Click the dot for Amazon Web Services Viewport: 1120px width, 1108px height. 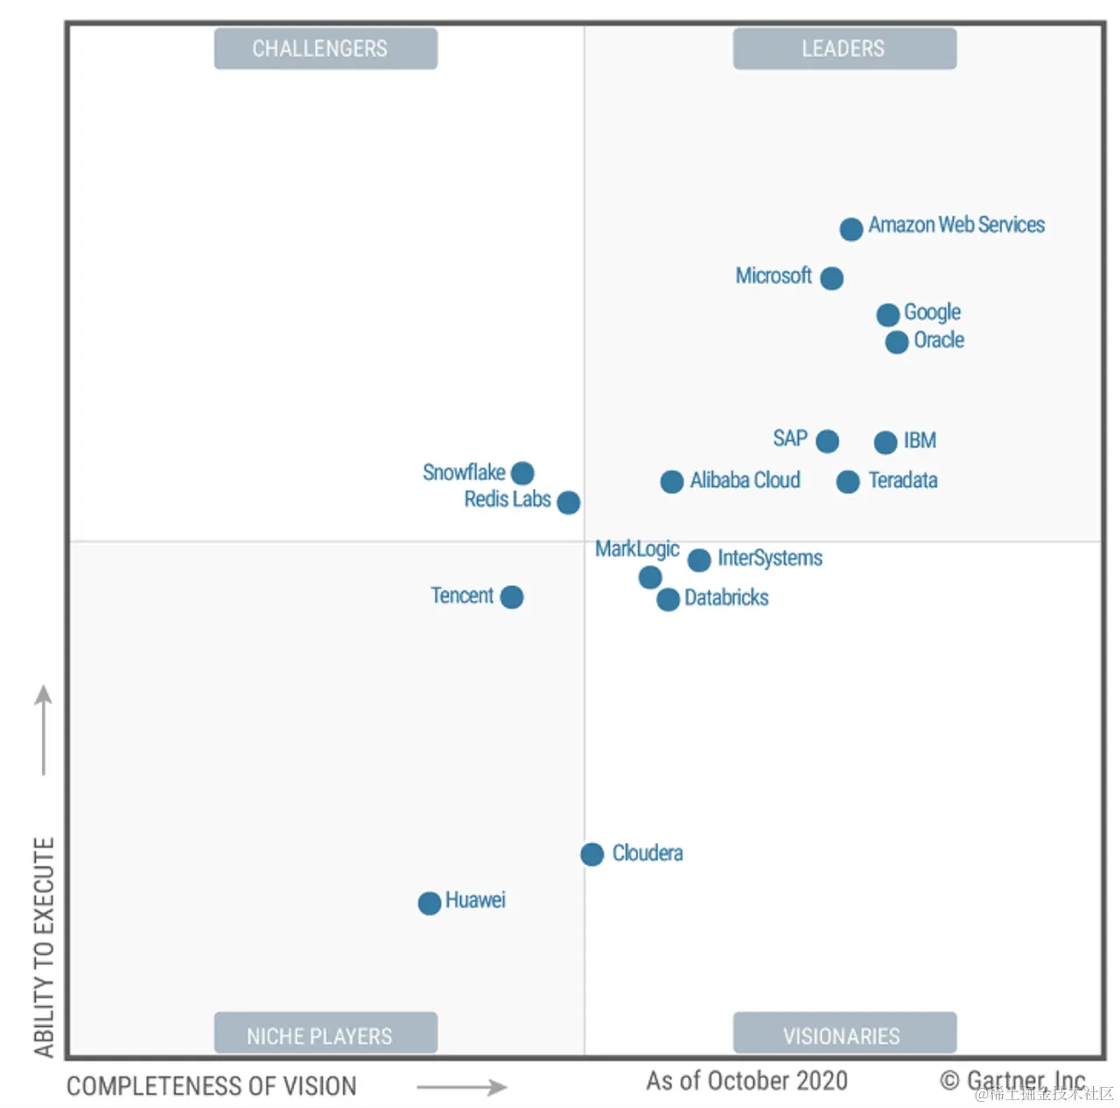850,229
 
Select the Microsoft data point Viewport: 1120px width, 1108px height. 831,278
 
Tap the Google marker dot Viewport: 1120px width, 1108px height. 887,315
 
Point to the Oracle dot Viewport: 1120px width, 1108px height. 896,342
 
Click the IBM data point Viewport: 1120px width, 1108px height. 885,442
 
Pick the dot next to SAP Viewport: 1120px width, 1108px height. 827,441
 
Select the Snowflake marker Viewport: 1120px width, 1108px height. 522,473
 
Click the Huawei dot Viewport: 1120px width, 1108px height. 430,902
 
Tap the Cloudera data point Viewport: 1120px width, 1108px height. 591,854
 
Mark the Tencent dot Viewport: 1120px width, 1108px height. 512,597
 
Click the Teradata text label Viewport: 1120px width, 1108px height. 902,480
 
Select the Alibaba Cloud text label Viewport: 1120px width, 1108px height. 745,480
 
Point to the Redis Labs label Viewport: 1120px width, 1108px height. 507,499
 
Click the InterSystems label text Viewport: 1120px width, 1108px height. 770,558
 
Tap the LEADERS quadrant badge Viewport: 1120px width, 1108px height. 844,49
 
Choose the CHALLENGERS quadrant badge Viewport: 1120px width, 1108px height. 325,49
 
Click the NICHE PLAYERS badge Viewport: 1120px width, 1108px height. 325,1035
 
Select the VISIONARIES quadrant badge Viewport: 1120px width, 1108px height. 844,1035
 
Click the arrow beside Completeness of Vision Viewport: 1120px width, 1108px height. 461,1087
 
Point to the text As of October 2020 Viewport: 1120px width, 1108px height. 746,1081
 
